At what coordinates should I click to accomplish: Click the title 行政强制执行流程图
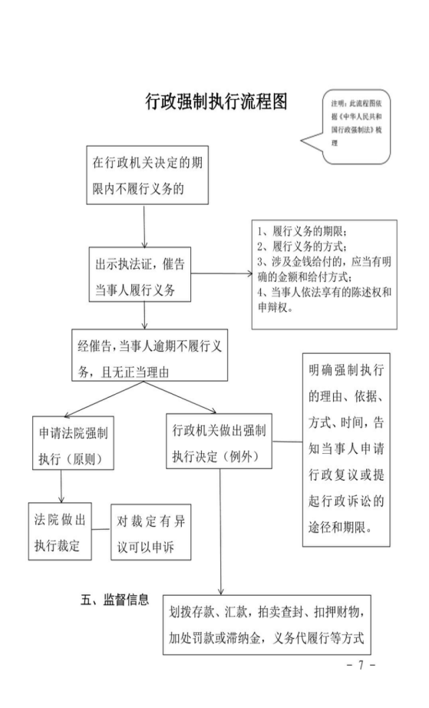pos(216,101)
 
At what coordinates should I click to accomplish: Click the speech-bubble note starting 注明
pos(355,127)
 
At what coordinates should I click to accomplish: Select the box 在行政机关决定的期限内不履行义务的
pos(147,175)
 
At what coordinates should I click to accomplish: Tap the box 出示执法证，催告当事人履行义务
pos(140,275)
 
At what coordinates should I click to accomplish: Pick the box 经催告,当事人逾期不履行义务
pos(150,355)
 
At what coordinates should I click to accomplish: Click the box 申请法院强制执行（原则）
pos(73,443)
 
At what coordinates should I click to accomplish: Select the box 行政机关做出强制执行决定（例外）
pos(219,441)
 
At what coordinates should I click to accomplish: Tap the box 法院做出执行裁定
pos(60,531)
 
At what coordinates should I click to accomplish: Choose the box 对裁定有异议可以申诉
pos(151,532)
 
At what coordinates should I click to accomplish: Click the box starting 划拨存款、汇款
pos(267,625)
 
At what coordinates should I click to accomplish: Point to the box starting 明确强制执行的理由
pos(346,450)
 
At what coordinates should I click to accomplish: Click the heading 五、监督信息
pos(114,600)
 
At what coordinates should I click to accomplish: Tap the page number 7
pos(361,665)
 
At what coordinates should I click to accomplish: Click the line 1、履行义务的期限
pos(302,232)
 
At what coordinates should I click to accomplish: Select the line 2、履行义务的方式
pos(302,247)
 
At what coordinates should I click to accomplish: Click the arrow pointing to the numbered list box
pos(222,273)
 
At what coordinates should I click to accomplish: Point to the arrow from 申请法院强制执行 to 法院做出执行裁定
pos(61,486)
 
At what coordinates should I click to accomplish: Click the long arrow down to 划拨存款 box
pos(221,532)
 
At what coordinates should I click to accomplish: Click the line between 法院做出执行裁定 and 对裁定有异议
pos(101,529)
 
